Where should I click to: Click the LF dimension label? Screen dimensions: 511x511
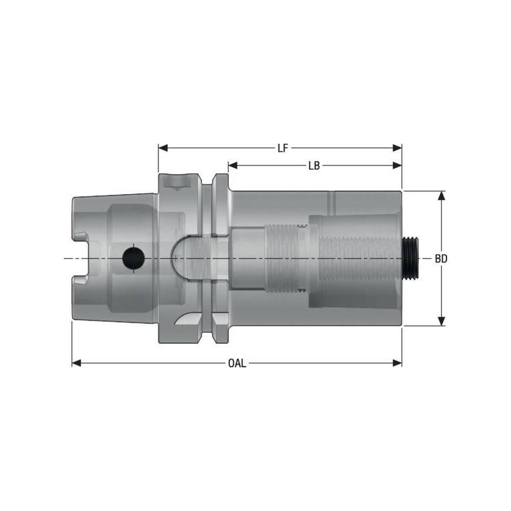pyautogui.click(x=282, y=148)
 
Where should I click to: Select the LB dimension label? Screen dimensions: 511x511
pyautogui.click(x=314, y=165)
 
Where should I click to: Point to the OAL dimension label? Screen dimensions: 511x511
pyautogui.click(x=237, y=363)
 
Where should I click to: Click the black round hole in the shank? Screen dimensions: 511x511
pyautogui.click(x=133, y=258)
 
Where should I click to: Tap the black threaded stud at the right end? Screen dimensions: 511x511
pyautogui.click(x=411, y=258)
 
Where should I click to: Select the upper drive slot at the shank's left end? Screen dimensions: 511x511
pyautogui.click(x=80, y=237)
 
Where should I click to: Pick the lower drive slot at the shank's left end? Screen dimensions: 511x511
pyautogui.click(x=80, y=279)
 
